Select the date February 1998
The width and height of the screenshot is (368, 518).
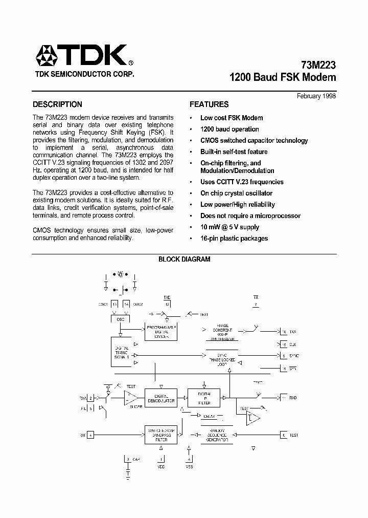(316, 96)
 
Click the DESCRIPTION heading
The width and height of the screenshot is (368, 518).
(57, 104)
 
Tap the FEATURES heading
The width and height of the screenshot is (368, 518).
(209, 104)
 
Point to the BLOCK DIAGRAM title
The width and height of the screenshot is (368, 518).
(184, 260)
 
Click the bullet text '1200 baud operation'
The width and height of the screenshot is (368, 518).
(229, 129)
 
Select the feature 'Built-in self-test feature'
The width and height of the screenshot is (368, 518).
(234, 152)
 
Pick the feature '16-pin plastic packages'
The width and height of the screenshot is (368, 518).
(234, 238)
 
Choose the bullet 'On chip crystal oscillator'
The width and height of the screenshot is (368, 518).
(236, 193)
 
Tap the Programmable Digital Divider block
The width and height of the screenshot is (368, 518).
(162, 332)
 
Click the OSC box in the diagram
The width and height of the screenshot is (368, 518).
(121, 319)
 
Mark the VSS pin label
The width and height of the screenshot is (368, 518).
(190, 466)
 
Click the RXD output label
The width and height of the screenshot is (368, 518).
(293, 398)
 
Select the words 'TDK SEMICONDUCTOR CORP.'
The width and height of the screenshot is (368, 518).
(84, 74)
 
